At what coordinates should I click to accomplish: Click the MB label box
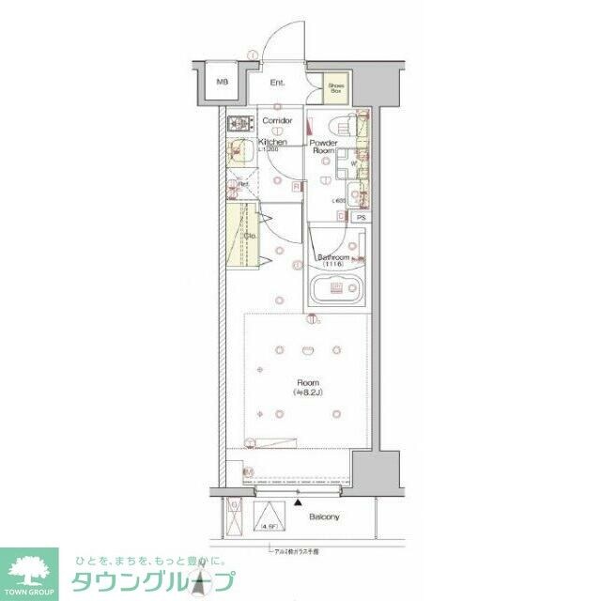pos(223,83)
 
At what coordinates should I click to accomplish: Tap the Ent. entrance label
pos(278,84)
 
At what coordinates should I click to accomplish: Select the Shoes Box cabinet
pos(335,89)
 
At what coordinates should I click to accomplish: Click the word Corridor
pos(277,121)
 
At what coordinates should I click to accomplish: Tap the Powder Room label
pos(324,146)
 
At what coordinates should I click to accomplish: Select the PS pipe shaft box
pos(362,218)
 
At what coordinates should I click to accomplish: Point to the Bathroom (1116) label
pos(333,260)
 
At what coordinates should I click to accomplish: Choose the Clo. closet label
pos(251,236)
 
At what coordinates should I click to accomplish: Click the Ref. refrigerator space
pos(242,184)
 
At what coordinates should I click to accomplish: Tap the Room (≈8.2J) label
pos(307,388)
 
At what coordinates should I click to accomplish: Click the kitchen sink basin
pos(241,151)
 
